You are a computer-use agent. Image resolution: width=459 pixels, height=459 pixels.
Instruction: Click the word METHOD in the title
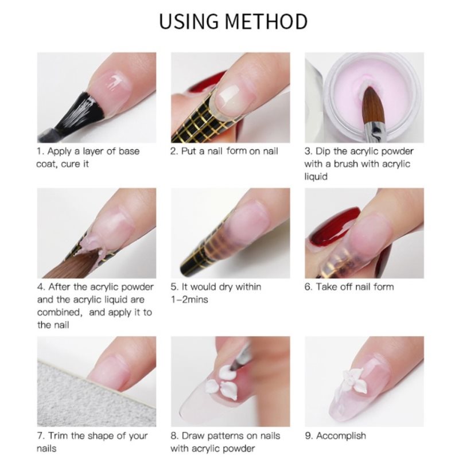[x=266, y=21]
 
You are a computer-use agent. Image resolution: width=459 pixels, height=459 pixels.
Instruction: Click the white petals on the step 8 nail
[x=222, y=383]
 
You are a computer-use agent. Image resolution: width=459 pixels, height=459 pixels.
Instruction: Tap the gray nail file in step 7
[x=94, y=398]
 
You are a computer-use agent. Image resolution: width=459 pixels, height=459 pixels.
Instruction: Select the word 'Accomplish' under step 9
[x=341, y=435]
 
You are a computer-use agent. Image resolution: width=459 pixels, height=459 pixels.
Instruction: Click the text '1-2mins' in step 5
[x=189, y=299]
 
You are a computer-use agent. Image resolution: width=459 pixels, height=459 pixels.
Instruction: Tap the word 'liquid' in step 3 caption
[x=316, y=177]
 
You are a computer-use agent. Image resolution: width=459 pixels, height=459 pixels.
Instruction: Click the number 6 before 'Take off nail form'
[x=308, y=286]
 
